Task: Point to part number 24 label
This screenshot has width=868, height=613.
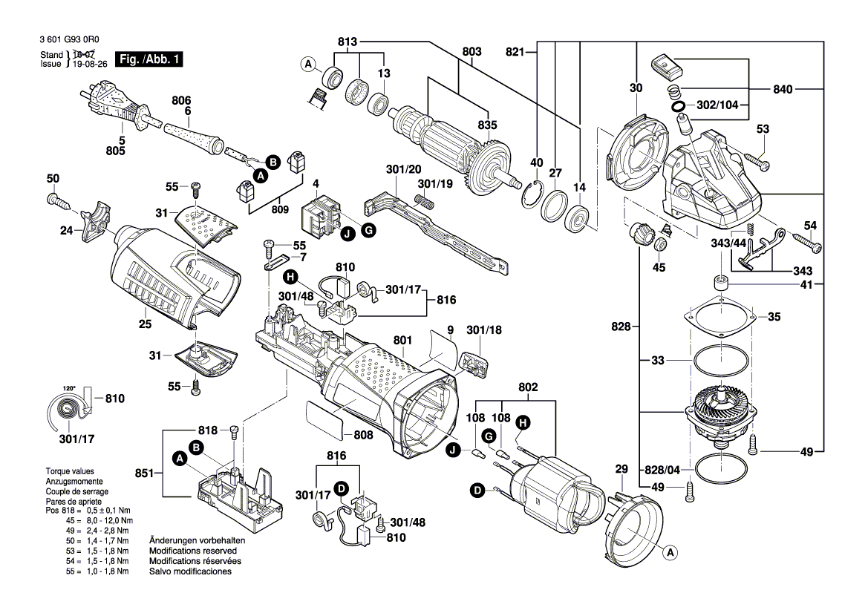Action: (x=66, y=230)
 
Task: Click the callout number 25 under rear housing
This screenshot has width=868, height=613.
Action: (x=146, y=324)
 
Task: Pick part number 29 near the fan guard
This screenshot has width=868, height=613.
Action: (x=621, y=469)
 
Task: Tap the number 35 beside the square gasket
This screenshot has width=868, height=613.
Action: (x=774, y=317)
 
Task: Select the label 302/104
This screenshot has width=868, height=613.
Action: (x=718, y=105)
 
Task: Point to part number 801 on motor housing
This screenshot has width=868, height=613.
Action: (x=402, y=341)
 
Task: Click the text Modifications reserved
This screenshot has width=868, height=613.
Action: (x=193, y=551)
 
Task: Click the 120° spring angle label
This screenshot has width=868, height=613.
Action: (x=69, y=388)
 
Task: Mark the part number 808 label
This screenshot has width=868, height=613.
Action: (x=362, y=435)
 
